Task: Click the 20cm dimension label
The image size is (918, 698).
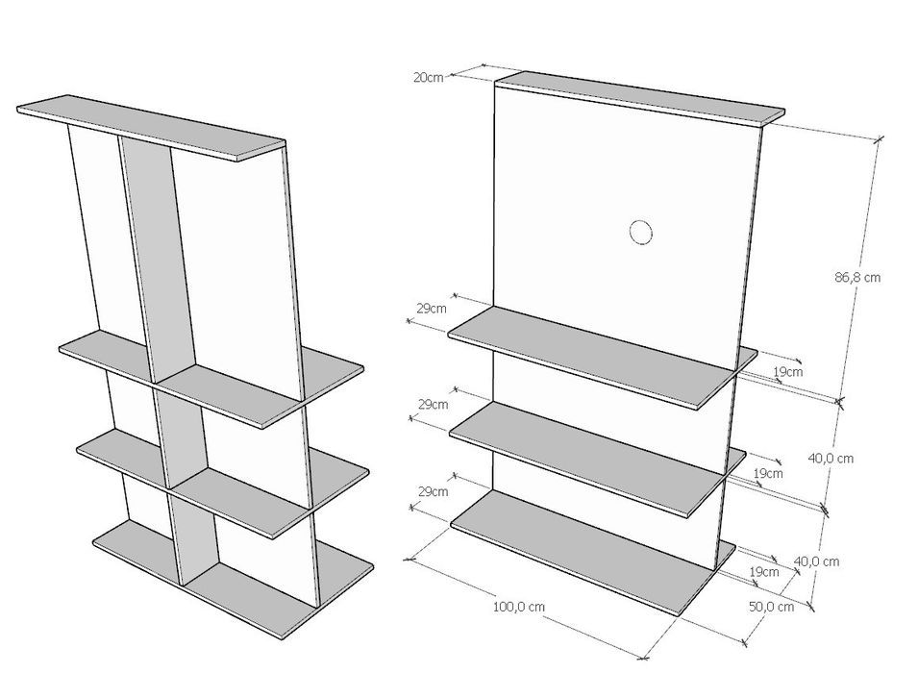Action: [429, 77]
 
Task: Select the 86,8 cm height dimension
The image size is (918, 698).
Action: [857, 277]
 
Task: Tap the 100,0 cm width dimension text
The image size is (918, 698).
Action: [519, 607]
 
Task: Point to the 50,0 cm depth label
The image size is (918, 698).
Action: [772, 607]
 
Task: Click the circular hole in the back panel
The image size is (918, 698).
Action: [641, 232]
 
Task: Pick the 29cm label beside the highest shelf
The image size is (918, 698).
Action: [432, 309]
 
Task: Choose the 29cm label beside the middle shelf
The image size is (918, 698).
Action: [434, 404]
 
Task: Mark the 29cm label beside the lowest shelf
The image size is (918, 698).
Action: [434, 491]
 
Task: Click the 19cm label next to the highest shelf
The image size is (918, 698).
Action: [788, 371]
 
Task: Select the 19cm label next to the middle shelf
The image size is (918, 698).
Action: [767, 473]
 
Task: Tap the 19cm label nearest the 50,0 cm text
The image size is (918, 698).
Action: [764, 571]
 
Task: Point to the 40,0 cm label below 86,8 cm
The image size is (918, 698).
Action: [831, 459]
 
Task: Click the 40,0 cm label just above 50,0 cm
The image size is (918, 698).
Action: [817, 561]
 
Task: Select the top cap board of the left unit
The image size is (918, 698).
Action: [151, 128]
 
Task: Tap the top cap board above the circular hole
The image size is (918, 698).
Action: [640, 98]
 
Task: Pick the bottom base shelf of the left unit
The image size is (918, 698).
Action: [233, 579]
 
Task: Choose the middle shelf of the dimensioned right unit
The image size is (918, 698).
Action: [597, 459]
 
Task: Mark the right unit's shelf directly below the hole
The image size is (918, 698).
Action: [603, 357]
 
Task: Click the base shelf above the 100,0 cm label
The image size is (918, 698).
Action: [593, 552]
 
